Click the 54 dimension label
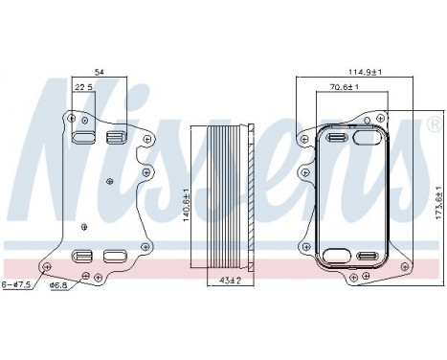(x=100, y=73)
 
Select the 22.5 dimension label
(x=83, y=87)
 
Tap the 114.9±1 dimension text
(x=365, y=73)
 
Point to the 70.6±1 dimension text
(x=345, y=87)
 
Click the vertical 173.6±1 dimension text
(x=438, y=202)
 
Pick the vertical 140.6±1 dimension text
(x=187, y=205)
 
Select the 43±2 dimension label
(x=231, y=281)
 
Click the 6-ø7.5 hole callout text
(x=16, y=284)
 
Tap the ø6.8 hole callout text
(x=58, y=285)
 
